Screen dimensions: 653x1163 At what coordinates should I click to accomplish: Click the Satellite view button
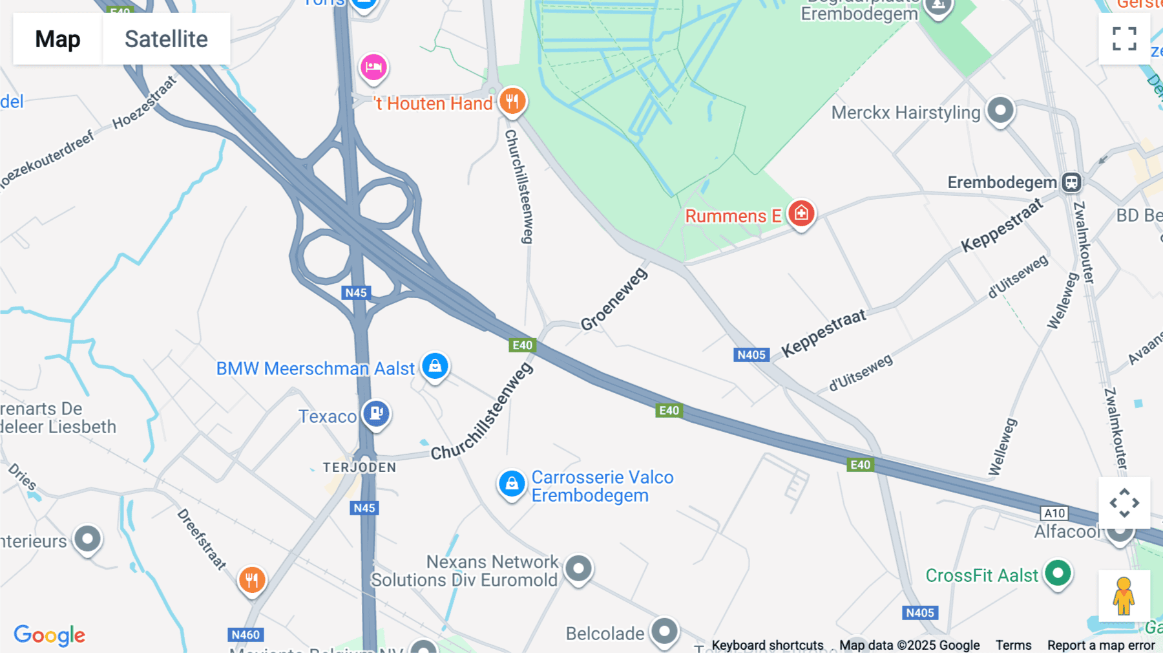pos(166,39)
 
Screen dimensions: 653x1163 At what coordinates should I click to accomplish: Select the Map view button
pos(58,39)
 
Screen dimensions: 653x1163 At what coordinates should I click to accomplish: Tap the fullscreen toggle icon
pos(1124,39)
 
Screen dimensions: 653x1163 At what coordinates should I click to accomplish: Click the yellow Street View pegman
pos(1124,595)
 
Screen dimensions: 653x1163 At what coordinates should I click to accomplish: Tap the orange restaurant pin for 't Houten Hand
pos(512,102)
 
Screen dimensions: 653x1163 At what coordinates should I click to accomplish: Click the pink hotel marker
pos(373,67)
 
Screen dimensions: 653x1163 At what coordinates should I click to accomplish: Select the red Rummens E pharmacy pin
pos(801,213)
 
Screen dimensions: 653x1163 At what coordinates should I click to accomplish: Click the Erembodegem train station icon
pos(1071,182)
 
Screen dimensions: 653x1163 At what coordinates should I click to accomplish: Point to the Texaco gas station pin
pos(376,413)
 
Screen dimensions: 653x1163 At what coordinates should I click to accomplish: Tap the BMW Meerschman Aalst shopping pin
pos(435,366)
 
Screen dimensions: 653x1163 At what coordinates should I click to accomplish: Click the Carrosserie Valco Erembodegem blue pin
pos(512,484)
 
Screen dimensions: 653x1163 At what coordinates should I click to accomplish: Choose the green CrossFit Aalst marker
pos(1058,573)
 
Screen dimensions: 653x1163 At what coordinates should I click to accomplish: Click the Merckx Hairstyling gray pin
pos(1000,110)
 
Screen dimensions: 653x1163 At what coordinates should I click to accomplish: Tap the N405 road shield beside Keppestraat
pos(751,355)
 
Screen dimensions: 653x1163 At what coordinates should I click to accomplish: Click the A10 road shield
pos(1054,513)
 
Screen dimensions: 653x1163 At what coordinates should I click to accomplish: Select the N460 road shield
pos(246,635)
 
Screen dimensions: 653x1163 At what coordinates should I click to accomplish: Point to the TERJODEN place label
pos(359,467)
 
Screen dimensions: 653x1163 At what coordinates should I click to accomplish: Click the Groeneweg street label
pos(613,299)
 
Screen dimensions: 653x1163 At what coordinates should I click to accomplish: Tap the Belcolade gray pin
pos(664,631)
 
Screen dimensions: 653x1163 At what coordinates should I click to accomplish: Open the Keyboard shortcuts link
pos(768,645)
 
